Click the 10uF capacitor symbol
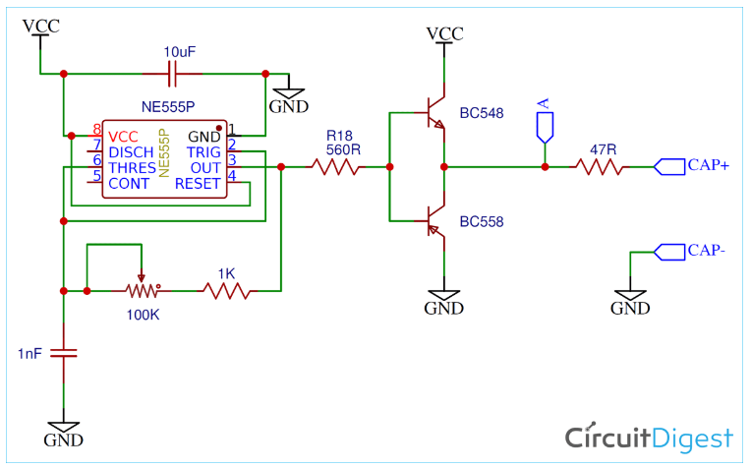pos(172,74)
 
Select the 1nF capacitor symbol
pos(64,354)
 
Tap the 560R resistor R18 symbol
pos(335,167)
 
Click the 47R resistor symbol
pos(600,167)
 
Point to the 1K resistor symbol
pos(226,291)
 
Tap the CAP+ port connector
pos(669,167)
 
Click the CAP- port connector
pos(669,252)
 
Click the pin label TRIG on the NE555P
pos(203,152)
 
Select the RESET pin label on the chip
pos(198,184)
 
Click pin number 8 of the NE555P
pos(97,130)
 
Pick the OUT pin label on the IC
pos(205,168)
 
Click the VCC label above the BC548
pos(445,33)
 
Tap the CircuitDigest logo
pos(649,438)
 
